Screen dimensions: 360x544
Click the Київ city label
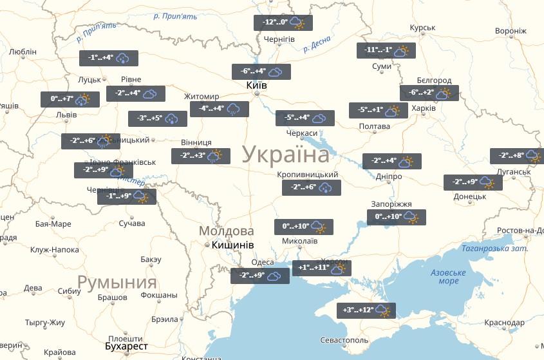click(x=257, y=86)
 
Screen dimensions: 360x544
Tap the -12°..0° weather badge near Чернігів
click(x=283, y=23)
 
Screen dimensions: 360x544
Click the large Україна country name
click(x=286, y=155)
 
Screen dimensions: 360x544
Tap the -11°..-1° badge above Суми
click(x=386, y=51)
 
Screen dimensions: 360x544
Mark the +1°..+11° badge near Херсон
click(x=321, y=268)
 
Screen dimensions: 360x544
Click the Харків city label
click(x=423, y=108)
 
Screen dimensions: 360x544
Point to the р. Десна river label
click(x=315, y=46)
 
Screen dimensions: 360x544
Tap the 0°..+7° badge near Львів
click(x=70, y=100)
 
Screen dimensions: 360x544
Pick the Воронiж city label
click(x=511, y=31)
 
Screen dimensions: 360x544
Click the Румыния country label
click(x=117, y=282)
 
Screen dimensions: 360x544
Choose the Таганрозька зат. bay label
click(x=494, y=249)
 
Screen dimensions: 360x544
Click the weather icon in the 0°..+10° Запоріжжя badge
click(x=411, y=218)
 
